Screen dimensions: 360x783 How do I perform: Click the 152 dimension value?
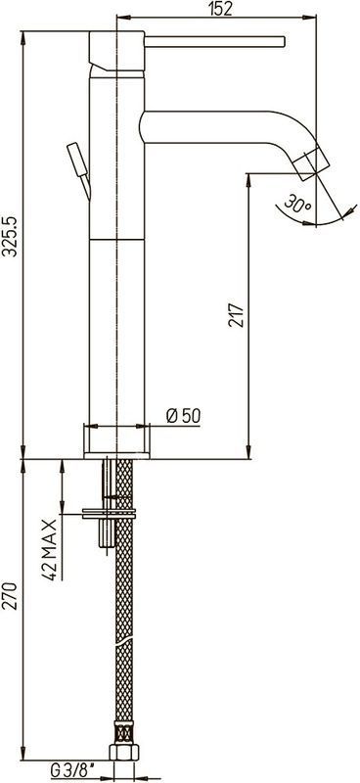221,9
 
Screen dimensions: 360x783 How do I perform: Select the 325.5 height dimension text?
11,236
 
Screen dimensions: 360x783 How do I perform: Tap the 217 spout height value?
237,314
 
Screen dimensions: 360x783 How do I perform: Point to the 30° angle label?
298,205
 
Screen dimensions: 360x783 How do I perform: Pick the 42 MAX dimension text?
49,550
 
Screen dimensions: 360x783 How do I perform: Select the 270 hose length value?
11,596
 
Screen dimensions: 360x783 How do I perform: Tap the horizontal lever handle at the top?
214,42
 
